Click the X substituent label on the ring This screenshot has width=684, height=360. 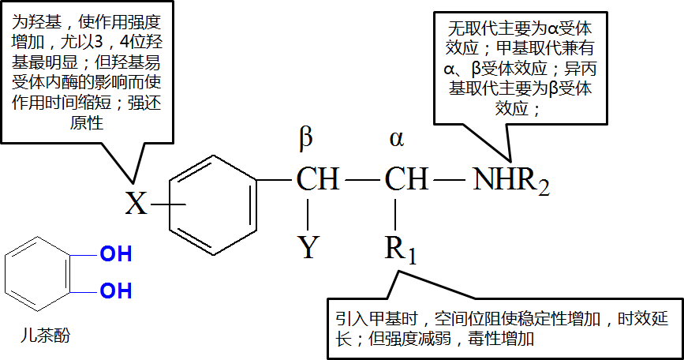(136, 204)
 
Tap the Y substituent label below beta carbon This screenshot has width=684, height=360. (308, 248)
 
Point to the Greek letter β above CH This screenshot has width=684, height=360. (305, 138)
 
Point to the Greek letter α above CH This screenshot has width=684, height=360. (396, 140)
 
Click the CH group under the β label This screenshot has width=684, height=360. (318, 180)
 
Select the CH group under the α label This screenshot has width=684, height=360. (406, 180)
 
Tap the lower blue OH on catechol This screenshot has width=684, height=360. (115, 291)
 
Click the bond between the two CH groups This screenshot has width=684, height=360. (362, 181)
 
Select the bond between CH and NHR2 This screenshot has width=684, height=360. (450, 181)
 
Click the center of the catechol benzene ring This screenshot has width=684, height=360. (42, 273)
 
